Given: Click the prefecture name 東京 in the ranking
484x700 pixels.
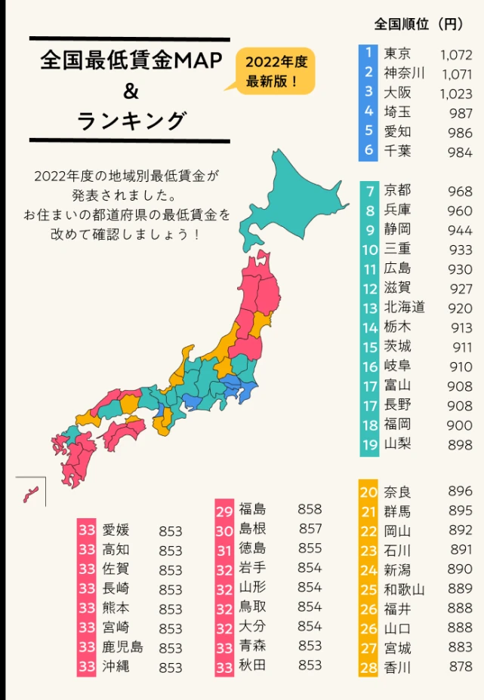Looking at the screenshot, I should pos(398,54).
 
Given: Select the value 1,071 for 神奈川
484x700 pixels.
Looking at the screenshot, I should pos(456,74).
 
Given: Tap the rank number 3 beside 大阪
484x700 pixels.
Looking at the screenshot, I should pos(368,92).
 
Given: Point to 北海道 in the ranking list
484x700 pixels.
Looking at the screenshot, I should pos(404,308).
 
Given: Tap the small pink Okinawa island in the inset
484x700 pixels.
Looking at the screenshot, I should pos(30,494).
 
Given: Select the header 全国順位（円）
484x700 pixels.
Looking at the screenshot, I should pos(419,24).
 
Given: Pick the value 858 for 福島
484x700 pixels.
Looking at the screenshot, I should pos(310,509).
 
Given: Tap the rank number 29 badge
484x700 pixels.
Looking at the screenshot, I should pos(224,509).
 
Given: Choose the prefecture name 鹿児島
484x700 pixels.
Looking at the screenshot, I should pos(122,647).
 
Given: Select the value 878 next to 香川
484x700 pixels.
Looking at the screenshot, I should pos(460,668).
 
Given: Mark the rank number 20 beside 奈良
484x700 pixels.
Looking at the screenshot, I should pos(368,492).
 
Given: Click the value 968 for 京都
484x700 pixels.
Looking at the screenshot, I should pos(460,191).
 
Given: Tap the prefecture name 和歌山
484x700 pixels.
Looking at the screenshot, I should pos(404,589).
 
